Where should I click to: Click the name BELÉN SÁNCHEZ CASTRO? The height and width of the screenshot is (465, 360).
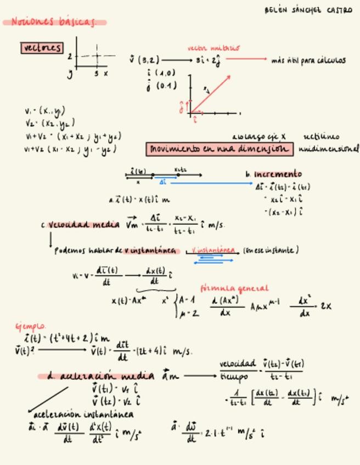[x=308, y=10]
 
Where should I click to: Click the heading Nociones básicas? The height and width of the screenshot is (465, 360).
[x=53, y=22]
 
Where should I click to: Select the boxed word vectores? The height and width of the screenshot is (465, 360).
[x=42, y=48]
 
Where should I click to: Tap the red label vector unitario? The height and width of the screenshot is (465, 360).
[x=213, y=48]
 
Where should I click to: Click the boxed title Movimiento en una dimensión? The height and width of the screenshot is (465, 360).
[x=219, y=149]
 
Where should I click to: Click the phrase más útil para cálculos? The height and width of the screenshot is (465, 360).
[x=308, y=60]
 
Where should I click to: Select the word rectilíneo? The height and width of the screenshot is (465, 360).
[x=321, y=137]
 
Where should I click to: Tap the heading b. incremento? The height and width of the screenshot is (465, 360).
[x=274, y=174]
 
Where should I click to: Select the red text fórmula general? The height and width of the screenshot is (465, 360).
[x=234, y=288]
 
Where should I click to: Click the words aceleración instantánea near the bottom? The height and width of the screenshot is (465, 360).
[x=83, y=415]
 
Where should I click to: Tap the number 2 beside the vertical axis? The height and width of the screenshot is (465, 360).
[x=70, y=56]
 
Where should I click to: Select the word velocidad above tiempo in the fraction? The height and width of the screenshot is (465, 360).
[x=238, y=364]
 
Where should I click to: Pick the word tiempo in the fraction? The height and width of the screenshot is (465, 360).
[x=234, y=377]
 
